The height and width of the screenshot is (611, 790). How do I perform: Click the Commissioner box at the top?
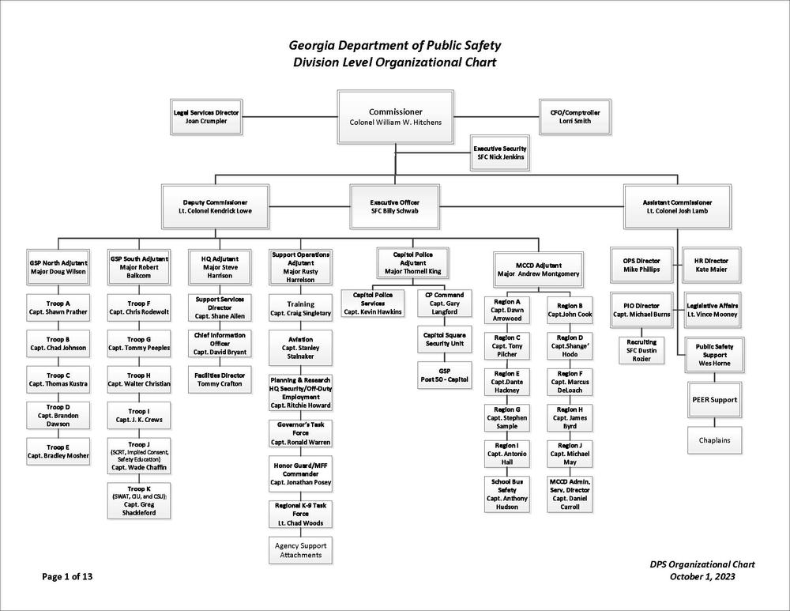(396, 116)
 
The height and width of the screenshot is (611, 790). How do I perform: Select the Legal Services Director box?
(206, 117)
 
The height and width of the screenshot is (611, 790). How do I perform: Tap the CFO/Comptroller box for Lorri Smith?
(575, 117)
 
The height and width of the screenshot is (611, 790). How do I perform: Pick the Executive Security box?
(500, 153)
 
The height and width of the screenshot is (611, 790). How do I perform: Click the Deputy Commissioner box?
(215, 206)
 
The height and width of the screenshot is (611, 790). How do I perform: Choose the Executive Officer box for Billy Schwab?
(394, 206)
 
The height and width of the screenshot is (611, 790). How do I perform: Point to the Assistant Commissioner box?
(677, 206)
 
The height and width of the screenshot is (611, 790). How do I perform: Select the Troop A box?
(58, 307)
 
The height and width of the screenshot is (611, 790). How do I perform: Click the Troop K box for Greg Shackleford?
(138, 500)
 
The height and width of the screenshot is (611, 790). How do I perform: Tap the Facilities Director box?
(220, 379)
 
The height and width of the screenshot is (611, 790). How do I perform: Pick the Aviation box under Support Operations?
(301, 348)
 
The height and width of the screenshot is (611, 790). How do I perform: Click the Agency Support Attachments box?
(301, 550)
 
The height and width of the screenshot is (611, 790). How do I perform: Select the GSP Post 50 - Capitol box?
(444, 375)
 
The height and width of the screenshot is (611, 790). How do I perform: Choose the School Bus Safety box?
(507, 494)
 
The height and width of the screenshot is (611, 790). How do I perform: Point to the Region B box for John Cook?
(570, 310)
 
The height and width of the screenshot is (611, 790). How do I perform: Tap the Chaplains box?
(714, 440)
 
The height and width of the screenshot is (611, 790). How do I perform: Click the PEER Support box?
(714, 400)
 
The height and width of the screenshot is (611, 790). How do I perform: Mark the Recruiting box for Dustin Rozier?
(641, 350)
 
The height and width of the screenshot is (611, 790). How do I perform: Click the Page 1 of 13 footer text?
(67, 577)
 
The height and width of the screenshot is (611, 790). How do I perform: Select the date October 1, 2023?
(702, 577)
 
